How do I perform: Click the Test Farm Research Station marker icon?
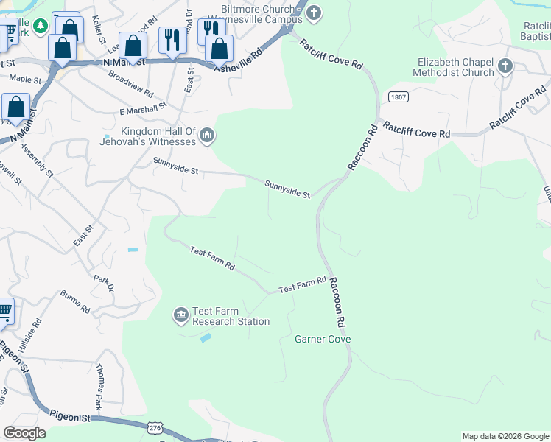coord(180,316)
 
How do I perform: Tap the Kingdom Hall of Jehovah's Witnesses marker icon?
coord(207,135)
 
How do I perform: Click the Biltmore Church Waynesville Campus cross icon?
coord(315,13)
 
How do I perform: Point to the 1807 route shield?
coord(395,97)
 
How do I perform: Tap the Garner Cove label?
coord(323,340)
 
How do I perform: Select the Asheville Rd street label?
coord(238,61)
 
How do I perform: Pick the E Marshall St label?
coord(143,109)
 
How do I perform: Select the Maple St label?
coord(24,79)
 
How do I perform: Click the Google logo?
coord(25,433)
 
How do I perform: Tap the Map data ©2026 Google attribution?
coord(505,436)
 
